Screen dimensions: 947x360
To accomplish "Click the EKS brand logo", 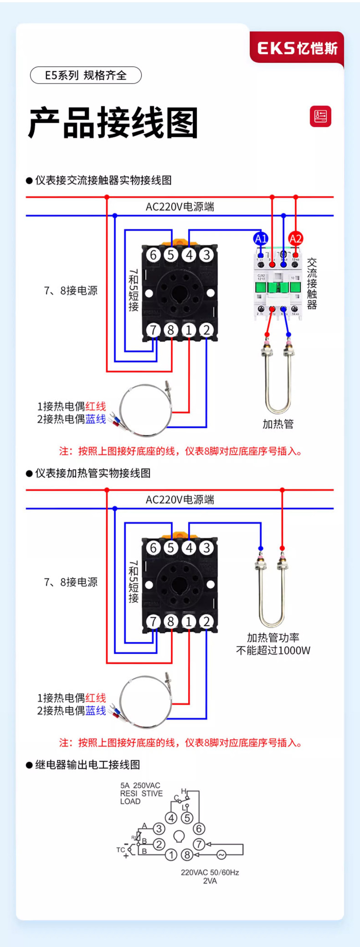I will tap(297, 48).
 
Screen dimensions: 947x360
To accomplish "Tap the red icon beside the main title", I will tap(320, 117).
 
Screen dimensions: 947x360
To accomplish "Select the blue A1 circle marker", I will tap(261, 238).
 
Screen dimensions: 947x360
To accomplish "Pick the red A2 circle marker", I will tap(295, 238).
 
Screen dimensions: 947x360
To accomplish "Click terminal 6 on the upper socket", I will tap(153, 255).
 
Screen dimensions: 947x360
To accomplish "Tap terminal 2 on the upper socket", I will tap(206, 330).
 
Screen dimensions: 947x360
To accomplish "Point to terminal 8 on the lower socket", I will tap(171, 621).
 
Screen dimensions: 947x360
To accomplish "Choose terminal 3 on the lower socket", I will tap(206, 547).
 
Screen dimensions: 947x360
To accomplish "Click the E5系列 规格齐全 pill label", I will tap(86, 75).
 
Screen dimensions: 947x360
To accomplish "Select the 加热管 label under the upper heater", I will tap(278, 424).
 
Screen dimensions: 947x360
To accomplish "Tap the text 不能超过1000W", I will tap(273, 650).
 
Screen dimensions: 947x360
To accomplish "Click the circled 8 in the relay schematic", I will tap(187, 855).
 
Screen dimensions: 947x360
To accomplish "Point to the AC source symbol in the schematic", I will tap(221, 855).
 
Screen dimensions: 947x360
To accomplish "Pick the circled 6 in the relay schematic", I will tap(199, 828).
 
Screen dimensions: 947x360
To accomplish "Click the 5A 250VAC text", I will tap(140, 785).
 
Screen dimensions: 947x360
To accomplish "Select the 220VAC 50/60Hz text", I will tap(210, 872).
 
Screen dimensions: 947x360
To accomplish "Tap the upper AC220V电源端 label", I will tap(180, 207).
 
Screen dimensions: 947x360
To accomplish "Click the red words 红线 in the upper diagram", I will tap(96, 406).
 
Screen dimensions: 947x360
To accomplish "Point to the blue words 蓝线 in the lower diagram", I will tap(96, 711).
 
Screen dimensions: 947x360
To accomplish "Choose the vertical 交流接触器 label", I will tap(312, 283).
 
